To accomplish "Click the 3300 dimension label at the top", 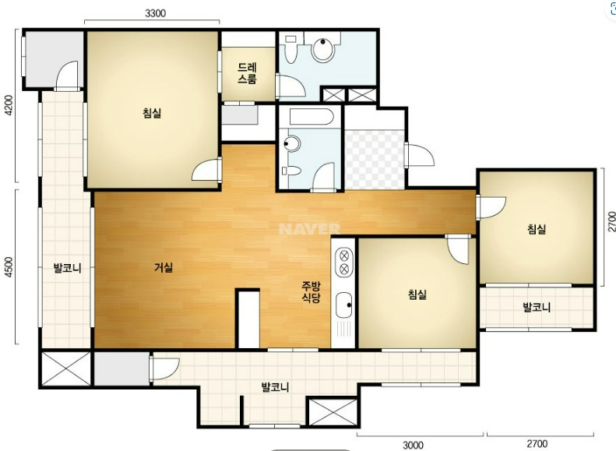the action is point(155,13).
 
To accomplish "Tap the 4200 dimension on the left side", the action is point(9,106).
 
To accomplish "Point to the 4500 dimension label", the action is point(9,267).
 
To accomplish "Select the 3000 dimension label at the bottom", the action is point(414,445).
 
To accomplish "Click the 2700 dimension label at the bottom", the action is point(537,444).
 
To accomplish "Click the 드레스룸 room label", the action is point(247,73).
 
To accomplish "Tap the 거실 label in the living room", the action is point(164,267).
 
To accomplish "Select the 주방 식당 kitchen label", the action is point(311,291).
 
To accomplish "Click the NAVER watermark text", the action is point(309,229).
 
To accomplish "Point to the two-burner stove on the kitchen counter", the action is point(343,262).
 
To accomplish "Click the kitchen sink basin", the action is point(344,305).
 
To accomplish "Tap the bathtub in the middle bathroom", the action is point(312,117).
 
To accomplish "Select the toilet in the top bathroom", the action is point(290,49).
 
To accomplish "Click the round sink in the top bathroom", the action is point(323,49).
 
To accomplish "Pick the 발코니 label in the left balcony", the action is point(68,268).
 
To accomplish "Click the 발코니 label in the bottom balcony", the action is point(276,387).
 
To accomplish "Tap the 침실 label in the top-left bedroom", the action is point(152,113).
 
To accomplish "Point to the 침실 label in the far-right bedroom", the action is point(537,229).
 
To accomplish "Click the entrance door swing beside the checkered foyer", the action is point(420,155).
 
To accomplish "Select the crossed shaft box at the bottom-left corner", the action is point(66,368).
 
